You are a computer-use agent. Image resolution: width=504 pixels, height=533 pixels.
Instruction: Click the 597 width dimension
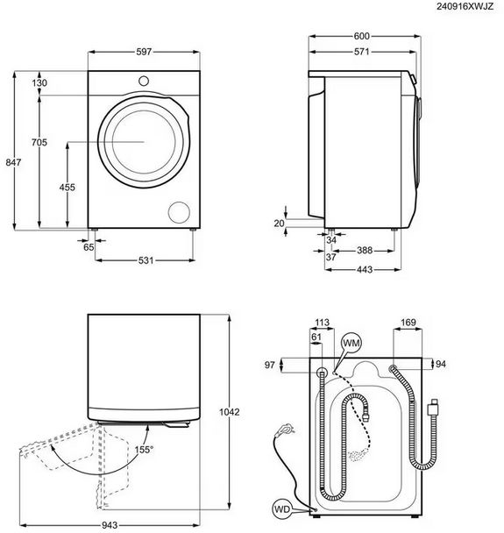click(x=144, y=52)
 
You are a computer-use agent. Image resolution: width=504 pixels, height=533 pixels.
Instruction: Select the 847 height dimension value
click(x=13, y=162)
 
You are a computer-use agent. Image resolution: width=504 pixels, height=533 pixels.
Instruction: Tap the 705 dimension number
click(x=39, y=142)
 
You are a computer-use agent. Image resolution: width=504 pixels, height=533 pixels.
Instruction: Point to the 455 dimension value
click(x=67, y=188)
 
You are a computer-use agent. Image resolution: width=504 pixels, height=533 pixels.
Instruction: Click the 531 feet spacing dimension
click(x=146, y=260)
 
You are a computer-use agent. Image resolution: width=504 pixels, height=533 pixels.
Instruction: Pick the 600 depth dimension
click(x=362, y=36)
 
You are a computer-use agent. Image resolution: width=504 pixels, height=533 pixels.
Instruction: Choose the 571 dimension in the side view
click(x=361, y=52)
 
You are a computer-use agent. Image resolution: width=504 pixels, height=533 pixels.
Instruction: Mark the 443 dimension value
click(x=365, y=270)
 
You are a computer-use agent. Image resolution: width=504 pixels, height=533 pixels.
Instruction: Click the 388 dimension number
click(x=365, y=251)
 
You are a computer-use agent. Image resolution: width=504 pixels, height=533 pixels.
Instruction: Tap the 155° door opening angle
click(x=144, y=450)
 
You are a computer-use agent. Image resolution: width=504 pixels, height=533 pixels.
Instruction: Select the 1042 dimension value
click(x=230, y=412)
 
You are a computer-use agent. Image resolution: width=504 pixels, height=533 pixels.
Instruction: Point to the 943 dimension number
click(x=110, y=525)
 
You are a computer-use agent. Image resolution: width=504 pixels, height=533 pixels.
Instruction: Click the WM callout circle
click(x=351, y=343)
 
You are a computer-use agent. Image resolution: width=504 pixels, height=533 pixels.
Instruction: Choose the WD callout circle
click(x=282, y=508)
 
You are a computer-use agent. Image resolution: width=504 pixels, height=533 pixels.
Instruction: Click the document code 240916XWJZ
click(x=465, y=6)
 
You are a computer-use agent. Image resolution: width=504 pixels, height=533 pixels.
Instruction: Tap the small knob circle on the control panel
click(x=144, y=81)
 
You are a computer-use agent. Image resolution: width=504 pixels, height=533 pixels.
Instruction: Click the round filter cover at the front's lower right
click(x=179, y=212)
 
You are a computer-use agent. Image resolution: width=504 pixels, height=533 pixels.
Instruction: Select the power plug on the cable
click(x=285, y=430)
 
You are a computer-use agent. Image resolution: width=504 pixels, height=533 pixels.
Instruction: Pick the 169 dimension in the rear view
click(x=408, y=323)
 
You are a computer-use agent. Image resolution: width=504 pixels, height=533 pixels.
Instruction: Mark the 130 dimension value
click(x=39, y=83)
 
